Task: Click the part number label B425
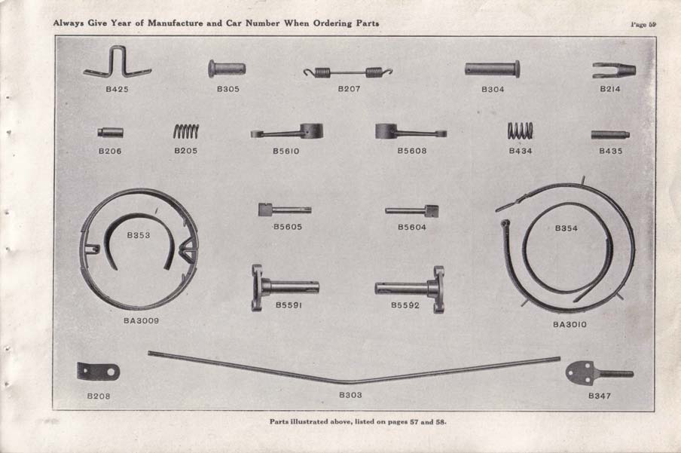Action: [x=117, y=89]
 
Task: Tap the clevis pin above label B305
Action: [x=227, y=69]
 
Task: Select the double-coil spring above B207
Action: [x=348, y=72]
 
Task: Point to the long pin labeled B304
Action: [x=492, y=69]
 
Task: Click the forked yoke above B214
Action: [x=613, y=70]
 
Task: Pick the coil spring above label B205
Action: [x=186, y=131]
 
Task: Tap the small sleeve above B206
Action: [x=110, y=133]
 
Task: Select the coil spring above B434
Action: [x=520, y=130]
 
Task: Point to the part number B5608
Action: [x=412, y=151]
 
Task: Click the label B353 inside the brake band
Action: [x=138, y=235]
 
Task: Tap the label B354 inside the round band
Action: [x=566, y=228]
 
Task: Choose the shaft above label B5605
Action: [x=284, y=210]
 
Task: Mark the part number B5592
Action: [x=406, y=305]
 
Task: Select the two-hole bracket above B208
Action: [x=98, y=372]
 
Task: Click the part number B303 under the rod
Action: [x=350, y=394]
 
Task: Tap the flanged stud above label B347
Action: [x=598, y=372]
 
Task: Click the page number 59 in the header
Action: [x=643, y=24]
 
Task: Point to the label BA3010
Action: [x=570, y=325]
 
